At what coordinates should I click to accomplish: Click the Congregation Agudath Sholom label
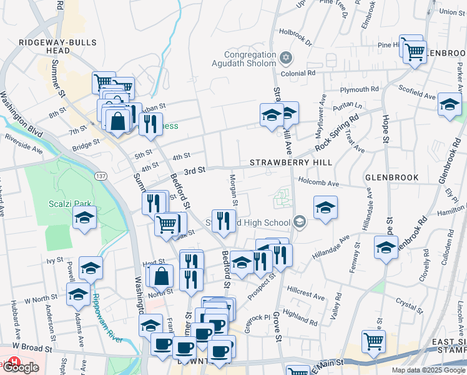(x=250, y=59)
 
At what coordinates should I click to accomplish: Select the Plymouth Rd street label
(x=361, y=89)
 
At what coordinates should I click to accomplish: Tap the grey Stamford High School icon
(x=300, y=222)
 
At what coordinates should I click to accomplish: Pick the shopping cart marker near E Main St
(x=373, y=342)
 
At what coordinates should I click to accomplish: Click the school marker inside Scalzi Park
(x=84, y=217)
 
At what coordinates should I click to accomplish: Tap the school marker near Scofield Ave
(x=449, y=104)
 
